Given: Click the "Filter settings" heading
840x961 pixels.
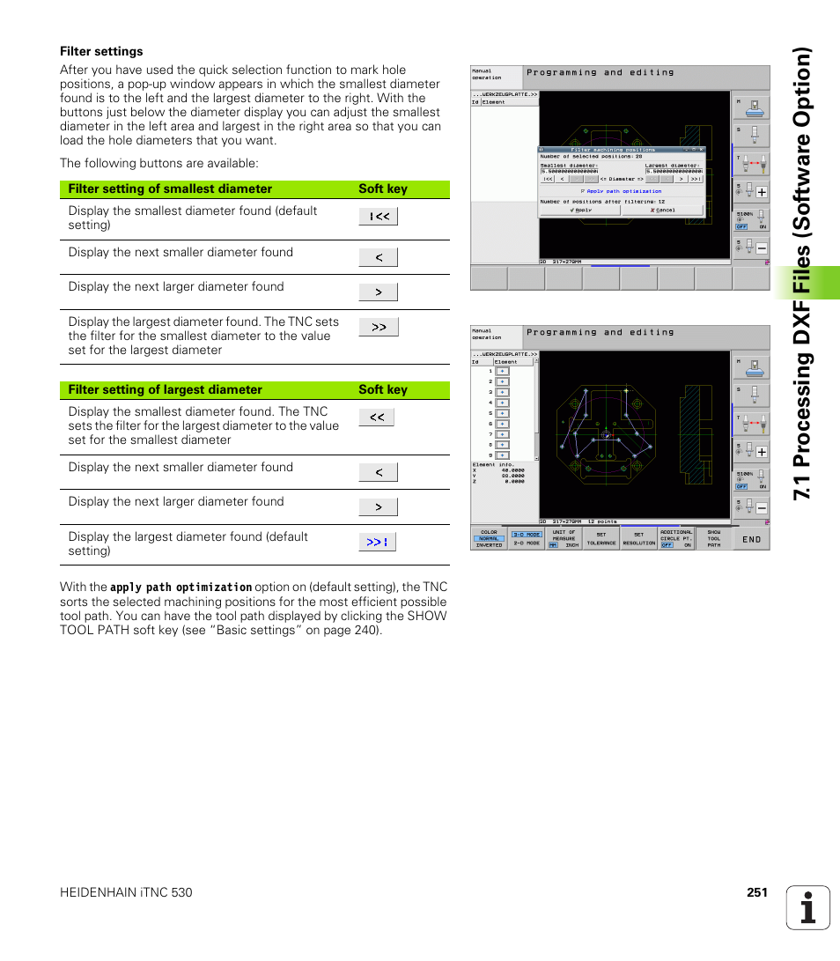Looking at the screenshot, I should click(x=101, y=51).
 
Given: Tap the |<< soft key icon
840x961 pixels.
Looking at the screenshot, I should click(x=378, y=217).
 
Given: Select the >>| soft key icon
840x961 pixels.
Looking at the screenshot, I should click(x=377, y=542).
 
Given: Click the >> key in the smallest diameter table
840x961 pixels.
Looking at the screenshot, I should click(x=378, y=327).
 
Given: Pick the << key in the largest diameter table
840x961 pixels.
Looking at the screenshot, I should click(x=377, y=418).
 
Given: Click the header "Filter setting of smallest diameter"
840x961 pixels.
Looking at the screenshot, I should click(x=170, y=189).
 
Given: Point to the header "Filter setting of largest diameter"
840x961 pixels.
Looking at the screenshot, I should click(x=166, y=389).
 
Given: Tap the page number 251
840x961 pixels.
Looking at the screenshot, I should click(x=757, y=892).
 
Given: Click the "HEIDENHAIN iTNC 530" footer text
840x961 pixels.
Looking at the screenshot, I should click(x=126, y=892).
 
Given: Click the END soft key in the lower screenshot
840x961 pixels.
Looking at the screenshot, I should click(x=751, y=539).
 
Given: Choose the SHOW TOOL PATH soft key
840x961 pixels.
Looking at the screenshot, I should click(x=713, y=539).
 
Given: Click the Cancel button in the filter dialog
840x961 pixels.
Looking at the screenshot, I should click(x=661, y=211).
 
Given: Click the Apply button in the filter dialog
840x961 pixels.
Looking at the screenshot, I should click(x=581, y=211).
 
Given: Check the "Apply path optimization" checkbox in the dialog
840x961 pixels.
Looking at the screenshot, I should click(x=583, y=191).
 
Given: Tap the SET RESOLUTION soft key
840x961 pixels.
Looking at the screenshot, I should click(x=638, y=539).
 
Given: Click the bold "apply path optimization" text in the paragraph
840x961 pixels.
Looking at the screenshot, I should click(x=181, y=587).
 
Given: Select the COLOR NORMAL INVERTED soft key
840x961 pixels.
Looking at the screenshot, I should click(x=489, y=539).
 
